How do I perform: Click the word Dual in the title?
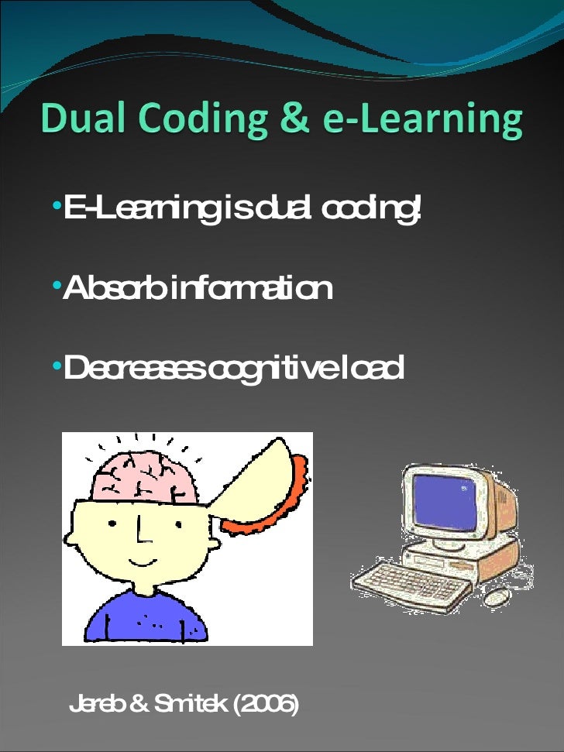tap(84, 120)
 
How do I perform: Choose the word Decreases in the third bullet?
tap(136, 369)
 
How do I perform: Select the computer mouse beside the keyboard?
tap(497, 595)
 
